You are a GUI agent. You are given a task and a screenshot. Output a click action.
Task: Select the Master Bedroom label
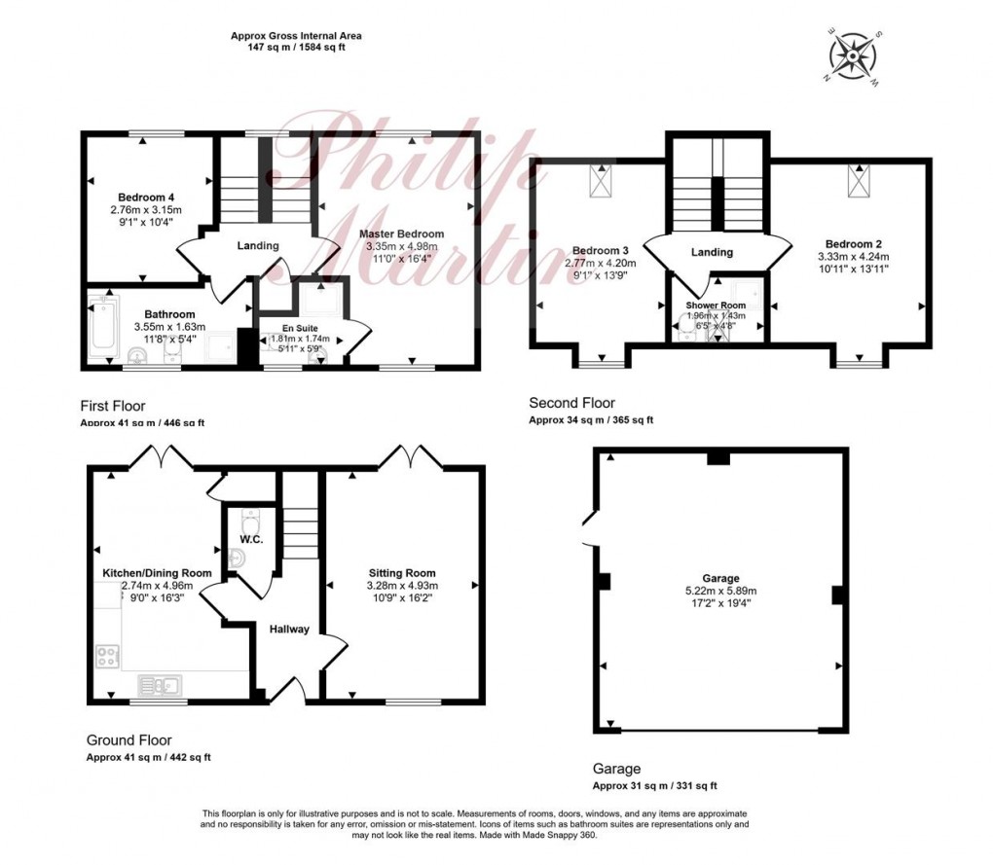coord(401,234)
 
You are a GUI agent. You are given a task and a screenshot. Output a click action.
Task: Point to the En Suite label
coord(301,327)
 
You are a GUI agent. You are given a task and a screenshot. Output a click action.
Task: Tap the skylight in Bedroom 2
coord(860,181)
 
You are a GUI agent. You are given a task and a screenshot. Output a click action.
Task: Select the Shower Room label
coord(716,306)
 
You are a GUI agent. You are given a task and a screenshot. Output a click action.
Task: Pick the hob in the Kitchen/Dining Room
coord(107,656)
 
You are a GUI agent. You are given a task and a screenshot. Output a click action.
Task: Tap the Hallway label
coord(289,629)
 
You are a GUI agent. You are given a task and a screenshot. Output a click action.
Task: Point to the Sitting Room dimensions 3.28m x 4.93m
coord(401,586)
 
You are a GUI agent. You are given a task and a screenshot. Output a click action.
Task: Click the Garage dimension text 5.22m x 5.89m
coord(720,591)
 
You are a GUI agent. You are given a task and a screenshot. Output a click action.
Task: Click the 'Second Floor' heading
coord(571,403)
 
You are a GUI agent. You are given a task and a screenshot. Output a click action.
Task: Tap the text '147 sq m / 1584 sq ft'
coord(296,47)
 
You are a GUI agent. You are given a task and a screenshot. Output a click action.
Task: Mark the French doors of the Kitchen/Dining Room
coord(161,455)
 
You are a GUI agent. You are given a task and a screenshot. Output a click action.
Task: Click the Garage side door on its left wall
coord(588,531)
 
